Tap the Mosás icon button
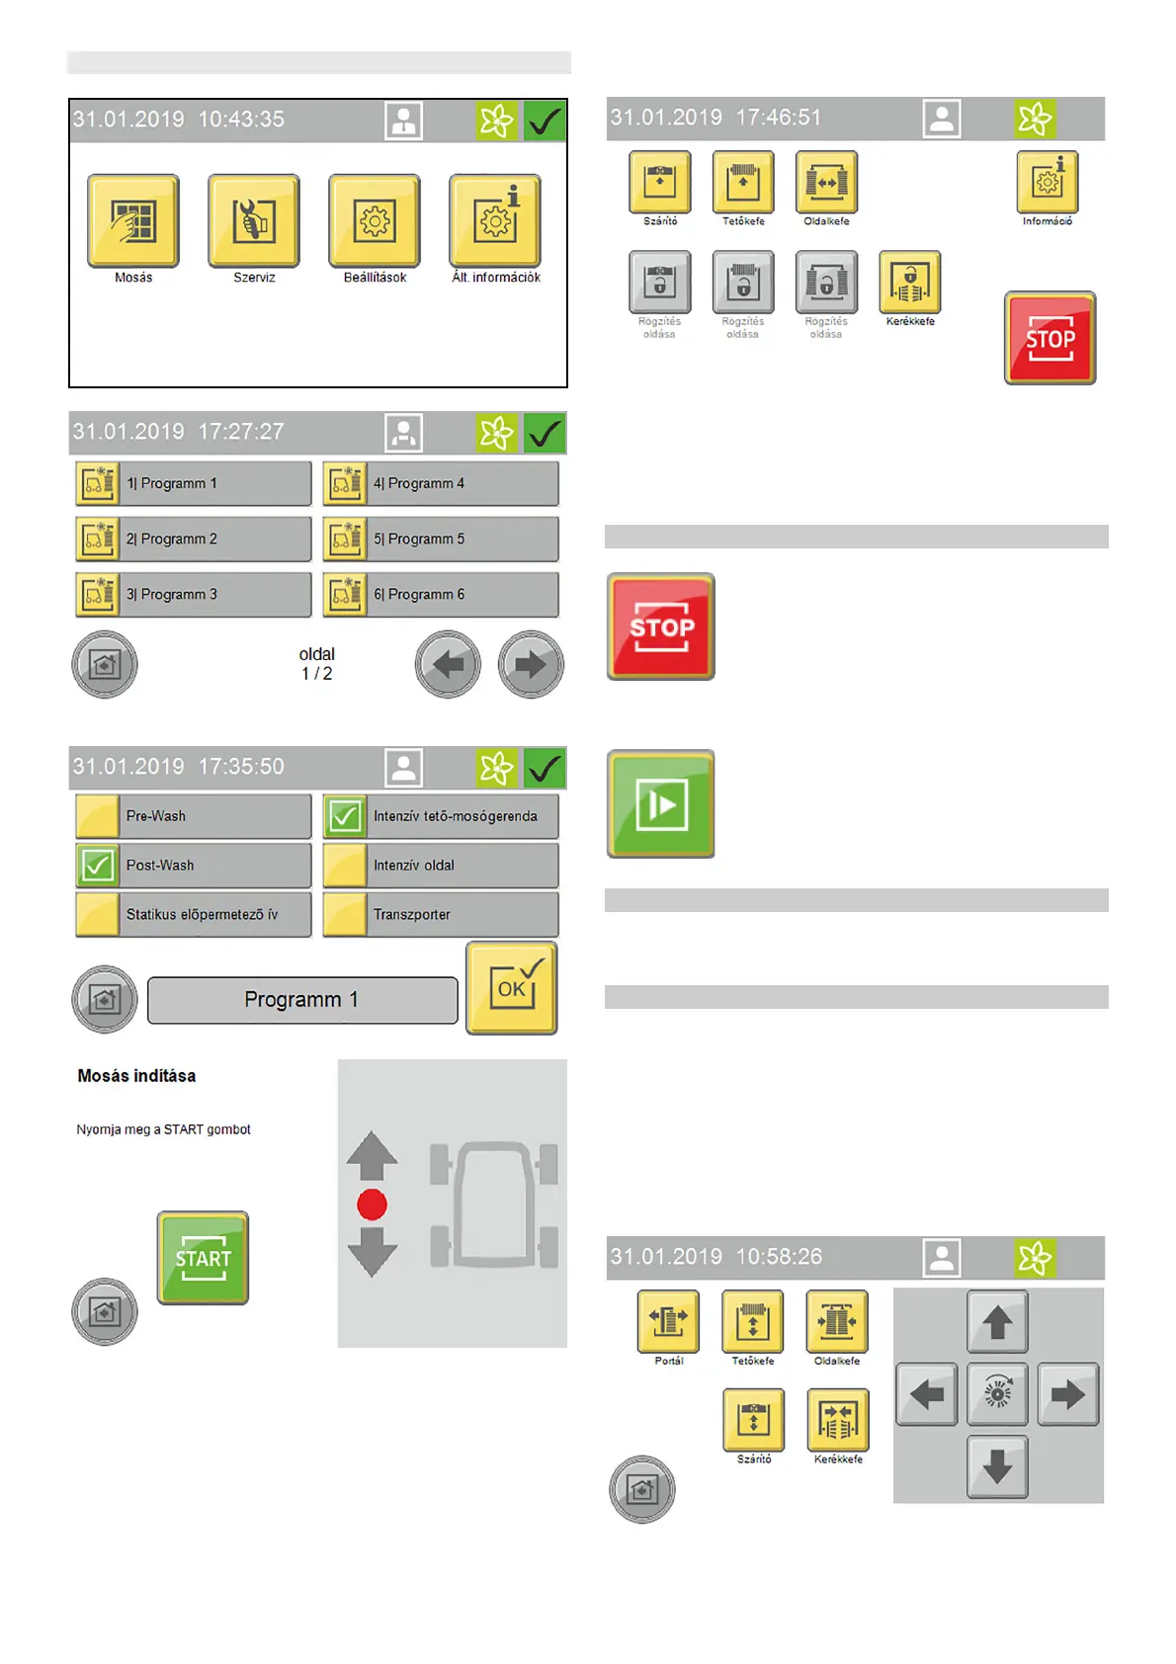(133, 221)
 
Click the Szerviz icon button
(254, 221)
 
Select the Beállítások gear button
(375, 221)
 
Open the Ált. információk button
(495, 221)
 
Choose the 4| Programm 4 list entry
(441, 484)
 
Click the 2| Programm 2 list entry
(194, 540)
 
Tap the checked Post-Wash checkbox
(98, 866)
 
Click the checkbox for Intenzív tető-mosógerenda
(345, 816)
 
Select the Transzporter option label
(412, 915)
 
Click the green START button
(203, 1258)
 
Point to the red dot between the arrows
(372, 1205)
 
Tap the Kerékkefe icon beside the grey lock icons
(910, 282)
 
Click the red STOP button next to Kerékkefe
(1050, 338)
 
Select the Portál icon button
(669, 1321)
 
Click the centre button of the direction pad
(997, 1394)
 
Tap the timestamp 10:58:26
(779, 1257)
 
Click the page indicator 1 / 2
(317, 674)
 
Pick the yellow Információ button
(1048, 182)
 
